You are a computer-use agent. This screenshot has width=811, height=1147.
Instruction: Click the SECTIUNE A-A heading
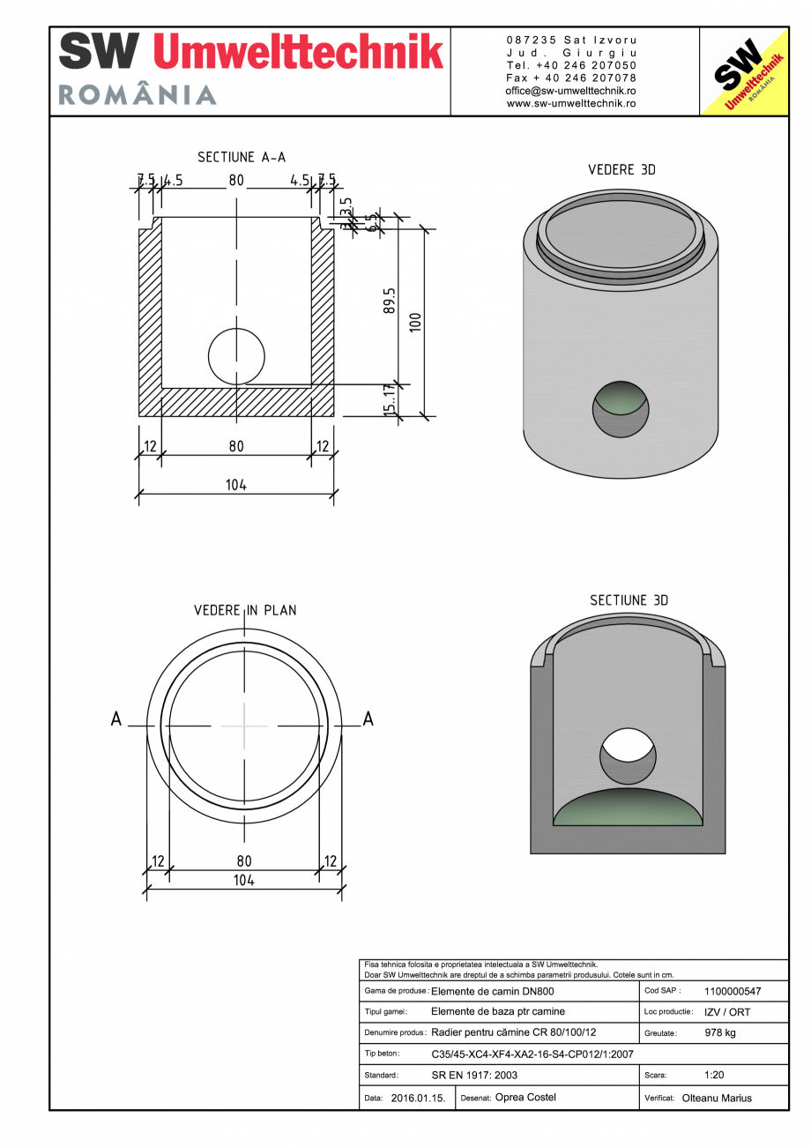click(242, 157)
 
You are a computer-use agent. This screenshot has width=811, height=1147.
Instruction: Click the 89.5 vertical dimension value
click(389, 302)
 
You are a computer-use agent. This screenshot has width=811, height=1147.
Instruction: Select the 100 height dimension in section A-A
click(416, 322)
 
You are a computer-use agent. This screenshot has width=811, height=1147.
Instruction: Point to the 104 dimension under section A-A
click(235, 484)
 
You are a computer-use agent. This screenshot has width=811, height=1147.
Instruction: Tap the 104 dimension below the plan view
click(244, 880)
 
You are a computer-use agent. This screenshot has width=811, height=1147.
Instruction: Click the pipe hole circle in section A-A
click(236, 357)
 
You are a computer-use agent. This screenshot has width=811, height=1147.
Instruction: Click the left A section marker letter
click(115, 719)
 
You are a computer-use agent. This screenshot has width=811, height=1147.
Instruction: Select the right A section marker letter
click(368, 719)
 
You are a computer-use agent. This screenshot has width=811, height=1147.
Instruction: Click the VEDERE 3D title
click(621, 169)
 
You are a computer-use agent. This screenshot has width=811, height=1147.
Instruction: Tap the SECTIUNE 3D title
click(629, 600)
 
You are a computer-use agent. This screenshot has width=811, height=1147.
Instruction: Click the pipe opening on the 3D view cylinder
click(620, 409)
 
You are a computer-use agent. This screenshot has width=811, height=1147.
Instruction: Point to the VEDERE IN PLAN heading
click(245, 610)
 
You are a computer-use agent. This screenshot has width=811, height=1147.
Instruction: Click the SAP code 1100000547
click(733, 991)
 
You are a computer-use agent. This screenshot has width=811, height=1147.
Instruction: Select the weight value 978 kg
click(720, 1032)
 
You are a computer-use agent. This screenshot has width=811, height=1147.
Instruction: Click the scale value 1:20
click(714, 1075)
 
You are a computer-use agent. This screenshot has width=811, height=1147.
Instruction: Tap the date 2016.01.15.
click(418, 1098)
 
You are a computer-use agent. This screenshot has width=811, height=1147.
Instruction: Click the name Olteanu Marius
click(717, 1098)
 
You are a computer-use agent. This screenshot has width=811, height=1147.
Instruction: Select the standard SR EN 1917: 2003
click(474, 1075)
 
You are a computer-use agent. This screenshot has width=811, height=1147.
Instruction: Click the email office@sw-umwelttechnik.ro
click(570, 91)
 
